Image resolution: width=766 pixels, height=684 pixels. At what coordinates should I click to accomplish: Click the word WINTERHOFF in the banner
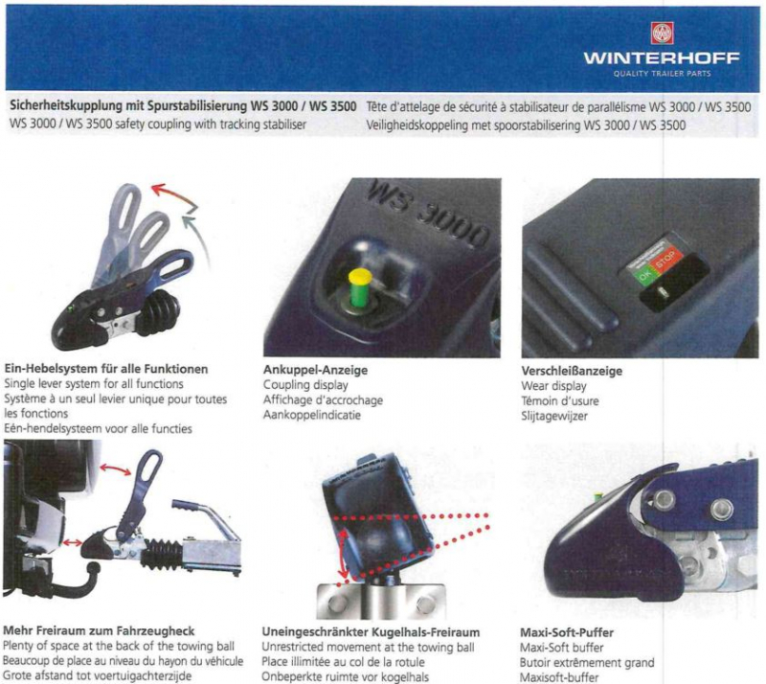pyautogui.click(x=648, y=59)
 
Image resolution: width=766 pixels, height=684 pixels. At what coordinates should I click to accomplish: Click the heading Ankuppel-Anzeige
pyautogui.click(x=315, y=370)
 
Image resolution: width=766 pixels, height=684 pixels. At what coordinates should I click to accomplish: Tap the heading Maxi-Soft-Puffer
pyautogui.click(x=566, y=632)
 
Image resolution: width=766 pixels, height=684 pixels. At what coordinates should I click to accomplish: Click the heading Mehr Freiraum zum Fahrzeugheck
pyautogui.click(x=100, y=631)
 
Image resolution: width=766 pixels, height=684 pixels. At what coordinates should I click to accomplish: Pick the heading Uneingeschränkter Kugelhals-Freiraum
pyautogui.click(x=371, y=632)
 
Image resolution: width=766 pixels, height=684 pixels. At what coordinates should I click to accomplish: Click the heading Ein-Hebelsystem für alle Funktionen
pyautogui.click(x=106, y=369)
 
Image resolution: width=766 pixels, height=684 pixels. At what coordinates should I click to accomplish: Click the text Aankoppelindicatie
pyautogui.click(x=311, y=416)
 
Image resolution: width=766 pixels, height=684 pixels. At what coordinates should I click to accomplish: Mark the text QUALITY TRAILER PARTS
pyautogui.click(x=663, y=74)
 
